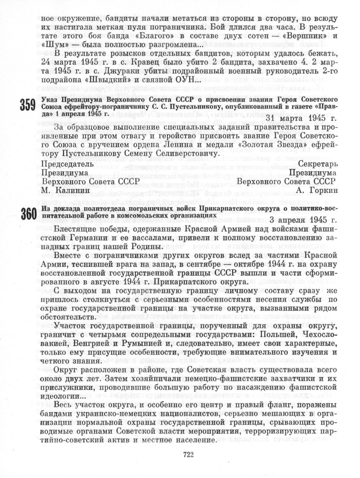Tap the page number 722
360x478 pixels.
point(188,455)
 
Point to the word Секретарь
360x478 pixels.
point(318,164)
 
